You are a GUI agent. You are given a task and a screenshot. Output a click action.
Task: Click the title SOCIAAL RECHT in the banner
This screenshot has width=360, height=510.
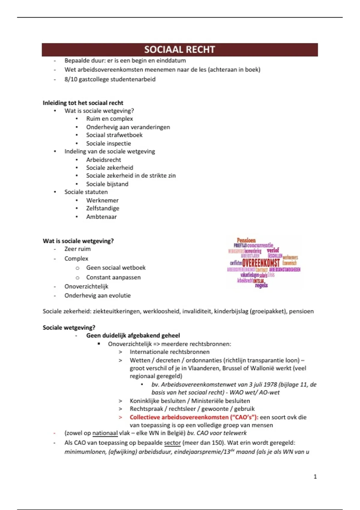pyautogui.click(x=179, y=49)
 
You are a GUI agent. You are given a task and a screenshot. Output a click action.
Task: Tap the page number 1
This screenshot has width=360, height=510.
pyautogui.click(x=315, y=476)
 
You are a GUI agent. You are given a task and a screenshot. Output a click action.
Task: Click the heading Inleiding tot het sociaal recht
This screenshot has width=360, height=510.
pyautogui.click(x=83, y=103)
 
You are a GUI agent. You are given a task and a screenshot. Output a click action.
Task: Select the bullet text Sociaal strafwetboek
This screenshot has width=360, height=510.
pyautogui.click(x=114, y=135)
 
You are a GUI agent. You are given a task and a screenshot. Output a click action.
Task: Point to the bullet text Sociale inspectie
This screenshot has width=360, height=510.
pyautogui.click(x=108, y=143)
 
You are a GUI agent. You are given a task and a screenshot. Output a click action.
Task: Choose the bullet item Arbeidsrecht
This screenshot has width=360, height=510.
pyautogui.click(x=103, y=160)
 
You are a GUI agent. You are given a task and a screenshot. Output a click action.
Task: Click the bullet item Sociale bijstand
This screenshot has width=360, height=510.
pyautogui.click(x=107, y=184)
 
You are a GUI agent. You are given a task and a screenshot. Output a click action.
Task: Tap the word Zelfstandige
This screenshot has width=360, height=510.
pyautogui.click(x=103, y=208)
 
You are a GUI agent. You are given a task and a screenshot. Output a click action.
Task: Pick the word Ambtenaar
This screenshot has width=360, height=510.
pyautogui.click(x=101, y=217)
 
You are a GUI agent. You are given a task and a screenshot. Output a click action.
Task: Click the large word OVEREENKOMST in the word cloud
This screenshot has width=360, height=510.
pyautogui.click(x=261, y=263)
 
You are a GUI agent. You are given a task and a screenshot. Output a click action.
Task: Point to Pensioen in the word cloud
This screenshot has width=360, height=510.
pyautogui.click(x=246, y=240)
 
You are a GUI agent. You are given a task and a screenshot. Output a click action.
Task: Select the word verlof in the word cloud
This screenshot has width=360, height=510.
pyautogui.click(x=273, y=250)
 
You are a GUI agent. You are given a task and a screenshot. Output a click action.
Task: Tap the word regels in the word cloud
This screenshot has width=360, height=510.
pyautogui.click(x=261, y=285)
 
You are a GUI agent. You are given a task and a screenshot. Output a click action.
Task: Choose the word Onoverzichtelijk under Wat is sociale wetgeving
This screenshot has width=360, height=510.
pyautogui.click(x=86, y=286)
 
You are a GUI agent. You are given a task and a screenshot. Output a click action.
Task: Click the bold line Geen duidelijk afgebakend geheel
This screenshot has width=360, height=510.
pyautogui.click(x=133, y=335)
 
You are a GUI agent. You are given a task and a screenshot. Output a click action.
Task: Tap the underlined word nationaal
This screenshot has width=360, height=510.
pyautogui.click(x=105, y=433)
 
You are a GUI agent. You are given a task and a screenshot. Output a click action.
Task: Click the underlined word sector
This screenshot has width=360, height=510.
pyautogui.click(x=172, y=443)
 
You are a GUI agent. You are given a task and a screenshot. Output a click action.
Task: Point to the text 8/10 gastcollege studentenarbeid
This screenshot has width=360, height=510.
pyautogui.click(x=110, y=79)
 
